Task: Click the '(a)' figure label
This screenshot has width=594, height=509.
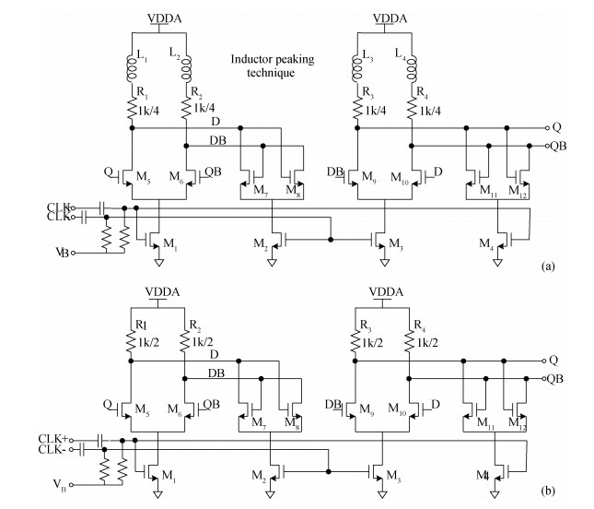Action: point(547,266)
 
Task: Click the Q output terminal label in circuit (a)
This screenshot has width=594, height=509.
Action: point(557,127)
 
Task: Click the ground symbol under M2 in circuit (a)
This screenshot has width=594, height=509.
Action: point(274,263)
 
